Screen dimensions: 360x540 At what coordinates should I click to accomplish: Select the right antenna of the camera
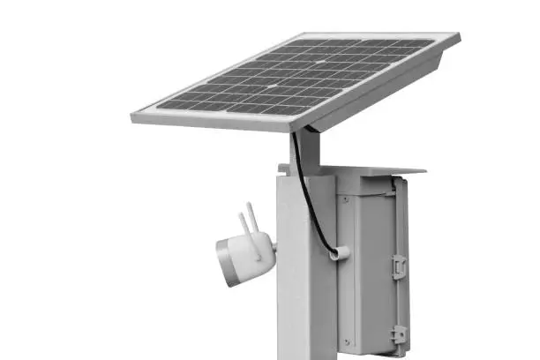pyautogui.click(x=257, y=220)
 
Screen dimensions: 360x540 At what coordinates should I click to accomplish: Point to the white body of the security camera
pyautogui.click(x=247, y=256)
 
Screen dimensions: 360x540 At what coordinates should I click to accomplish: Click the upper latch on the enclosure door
pyautogui.click(x=399, y=264)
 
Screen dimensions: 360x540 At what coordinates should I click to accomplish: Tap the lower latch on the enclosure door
pyautogui.click(x=399, y=334)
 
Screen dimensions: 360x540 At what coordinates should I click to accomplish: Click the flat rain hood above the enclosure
pyautogui.click(x=371, y=168)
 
